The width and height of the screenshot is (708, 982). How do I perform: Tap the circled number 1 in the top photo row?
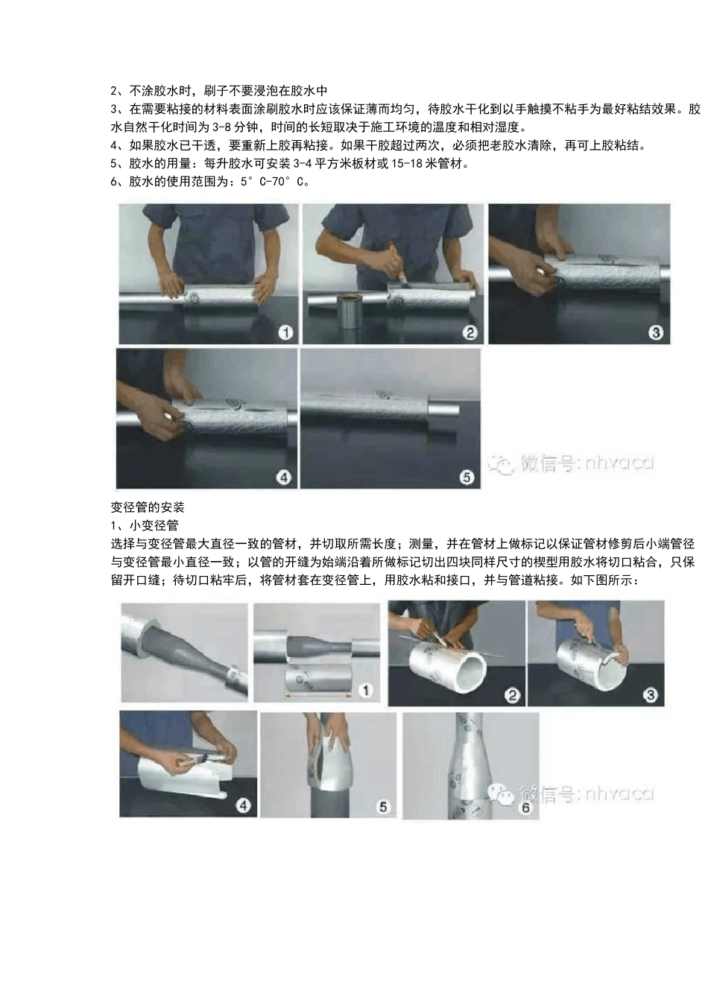pos(285,332)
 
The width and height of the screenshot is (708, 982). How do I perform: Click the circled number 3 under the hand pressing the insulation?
pos(655,332)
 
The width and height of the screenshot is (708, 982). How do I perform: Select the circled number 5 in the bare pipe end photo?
pos(467,477)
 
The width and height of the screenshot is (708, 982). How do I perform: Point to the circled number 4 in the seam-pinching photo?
pos(284,477)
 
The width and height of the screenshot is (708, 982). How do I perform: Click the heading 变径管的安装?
pos(148,507)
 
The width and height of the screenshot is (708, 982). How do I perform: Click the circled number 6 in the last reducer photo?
pos(526,808)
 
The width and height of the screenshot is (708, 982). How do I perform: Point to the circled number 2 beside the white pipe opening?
pos(512,695)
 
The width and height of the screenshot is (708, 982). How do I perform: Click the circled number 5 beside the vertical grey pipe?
pos(383,806)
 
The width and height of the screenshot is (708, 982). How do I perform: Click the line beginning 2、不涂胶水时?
pos(219,92)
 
